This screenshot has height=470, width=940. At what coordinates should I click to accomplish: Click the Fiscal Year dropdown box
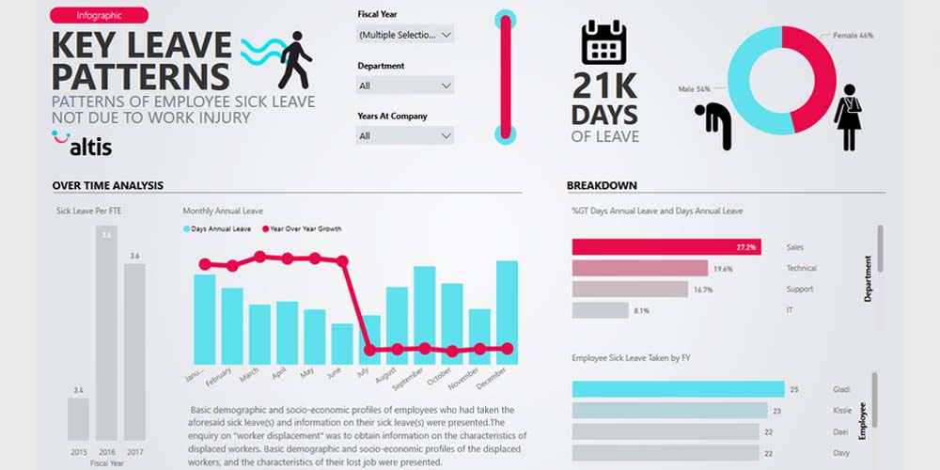(405, 35)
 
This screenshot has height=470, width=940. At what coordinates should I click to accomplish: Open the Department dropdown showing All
(405, 86)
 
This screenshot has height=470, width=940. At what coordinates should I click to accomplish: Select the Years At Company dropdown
(405, 136)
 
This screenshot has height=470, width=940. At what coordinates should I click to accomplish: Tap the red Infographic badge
(99, 15)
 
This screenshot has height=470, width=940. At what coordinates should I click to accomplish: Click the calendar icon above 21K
(603, 43)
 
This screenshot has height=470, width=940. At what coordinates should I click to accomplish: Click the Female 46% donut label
(853, 36)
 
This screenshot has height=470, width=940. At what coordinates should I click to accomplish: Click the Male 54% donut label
(697, 89)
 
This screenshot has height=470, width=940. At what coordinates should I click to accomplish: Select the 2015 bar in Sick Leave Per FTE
(78, 418)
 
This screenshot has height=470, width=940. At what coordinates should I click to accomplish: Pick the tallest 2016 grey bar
(106, 333)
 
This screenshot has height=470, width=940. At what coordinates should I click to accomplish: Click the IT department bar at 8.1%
(600, 310)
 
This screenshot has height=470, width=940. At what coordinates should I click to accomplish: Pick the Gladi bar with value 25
(678, 389)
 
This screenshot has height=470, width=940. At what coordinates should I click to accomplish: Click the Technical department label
(801, 269)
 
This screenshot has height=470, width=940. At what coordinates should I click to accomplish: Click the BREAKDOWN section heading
(602, 185)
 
